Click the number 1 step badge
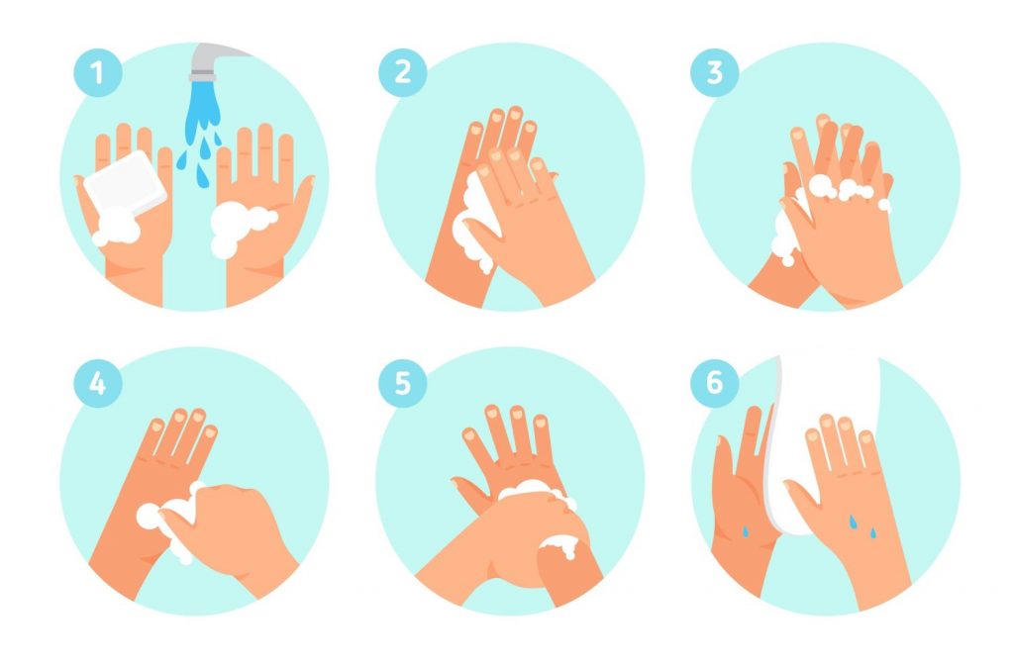(98, 72)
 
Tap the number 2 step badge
(403, 72)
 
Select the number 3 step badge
(715, 72)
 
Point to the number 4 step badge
(98, 383)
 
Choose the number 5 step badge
(403, 383)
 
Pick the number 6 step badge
(715, 383)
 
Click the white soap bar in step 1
(125, 183)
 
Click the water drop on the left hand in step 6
(745, 531)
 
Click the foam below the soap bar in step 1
(117, 230)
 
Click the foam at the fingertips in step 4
(169, 521)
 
